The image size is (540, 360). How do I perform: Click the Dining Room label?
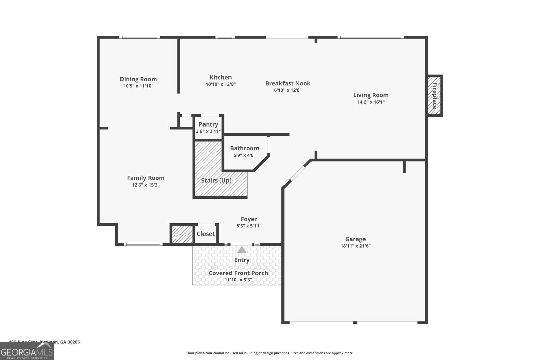138,79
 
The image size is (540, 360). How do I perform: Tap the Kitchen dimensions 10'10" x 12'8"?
220,84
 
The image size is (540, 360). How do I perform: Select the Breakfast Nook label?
288,83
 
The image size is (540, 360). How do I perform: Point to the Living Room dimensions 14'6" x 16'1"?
371,102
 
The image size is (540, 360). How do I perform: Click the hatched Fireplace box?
434,95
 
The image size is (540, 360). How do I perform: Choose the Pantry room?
208,127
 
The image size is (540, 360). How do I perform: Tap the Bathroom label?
244,148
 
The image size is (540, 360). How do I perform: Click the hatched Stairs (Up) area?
216,181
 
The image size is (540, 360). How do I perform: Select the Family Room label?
145,178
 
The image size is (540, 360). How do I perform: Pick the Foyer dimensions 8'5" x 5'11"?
249,226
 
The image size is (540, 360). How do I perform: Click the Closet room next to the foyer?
206,234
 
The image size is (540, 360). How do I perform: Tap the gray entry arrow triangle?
242,250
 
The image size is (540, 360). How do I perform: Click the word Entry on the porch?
242,260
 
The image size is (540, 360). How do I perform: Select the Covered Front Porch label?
238,273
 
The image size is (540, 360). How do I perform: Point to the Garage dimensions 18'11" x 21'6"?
355,246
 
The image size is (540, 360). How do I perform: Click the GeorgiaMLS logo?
27,351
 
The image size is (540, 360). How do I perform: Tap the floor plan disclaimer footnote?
270,353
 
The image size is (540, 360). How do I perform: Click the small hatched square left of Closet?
182,234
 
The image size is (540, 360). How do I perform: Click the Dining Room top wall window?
140,37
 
